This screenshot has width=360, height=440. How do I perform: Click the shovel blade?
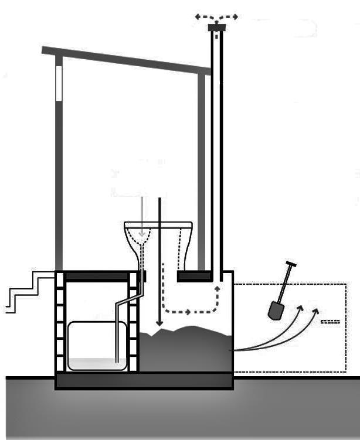tap(275, 311)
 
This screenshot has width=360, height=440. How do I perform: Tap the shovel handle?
tap(286, 284)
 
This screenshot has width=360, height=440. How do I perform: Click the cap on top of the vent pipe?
tap(216, 27)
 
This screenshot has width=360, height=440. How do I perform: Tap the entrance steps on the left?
tap(26, 290)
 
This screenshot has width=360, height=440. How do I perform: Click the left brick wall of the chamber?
tap(60, 322)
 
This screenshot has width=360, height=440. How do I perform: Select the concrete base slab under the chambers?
tap(144, 381)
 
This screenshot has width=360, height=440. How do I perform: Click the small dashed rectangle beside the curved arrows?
tap(331, 322)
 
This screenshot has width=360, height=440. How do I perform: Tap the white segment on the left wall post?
tap(59, 83)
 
